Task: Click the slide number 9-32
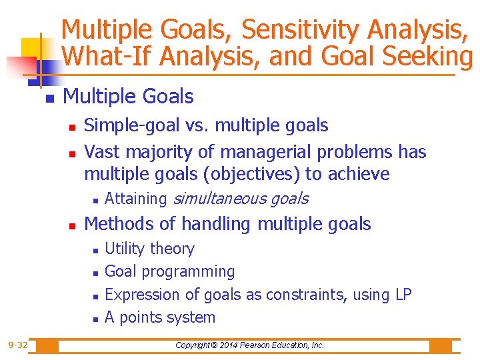[x=18, y=345]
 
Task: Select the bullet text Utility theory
[x=149, y=249]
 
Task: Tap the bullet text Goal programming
[x=169, y=271]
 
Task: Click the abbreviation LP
[x=403, y=294]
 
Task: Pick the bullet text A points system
[x=160, y=317]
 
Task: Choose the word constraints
[x=305, y=294]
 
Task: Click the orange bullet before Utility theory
[x=96, y=250]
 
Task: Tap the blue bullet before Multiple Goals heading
[x=48, y=98]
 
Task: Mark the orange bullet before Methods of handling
[x=75, y=225]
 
